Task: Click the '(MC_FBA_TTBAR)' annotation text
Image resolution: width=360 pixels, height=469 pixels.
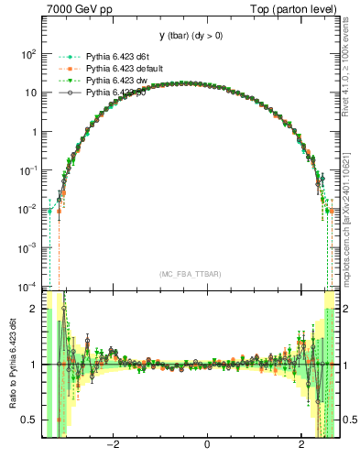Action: click(x=189, y=275)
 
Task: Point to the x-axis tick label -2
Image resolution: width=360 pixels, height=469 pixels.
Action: click(x=113, y=446)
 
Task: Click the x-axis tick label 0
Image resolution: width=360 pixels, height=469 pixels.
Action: click(x=208, y=446)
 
